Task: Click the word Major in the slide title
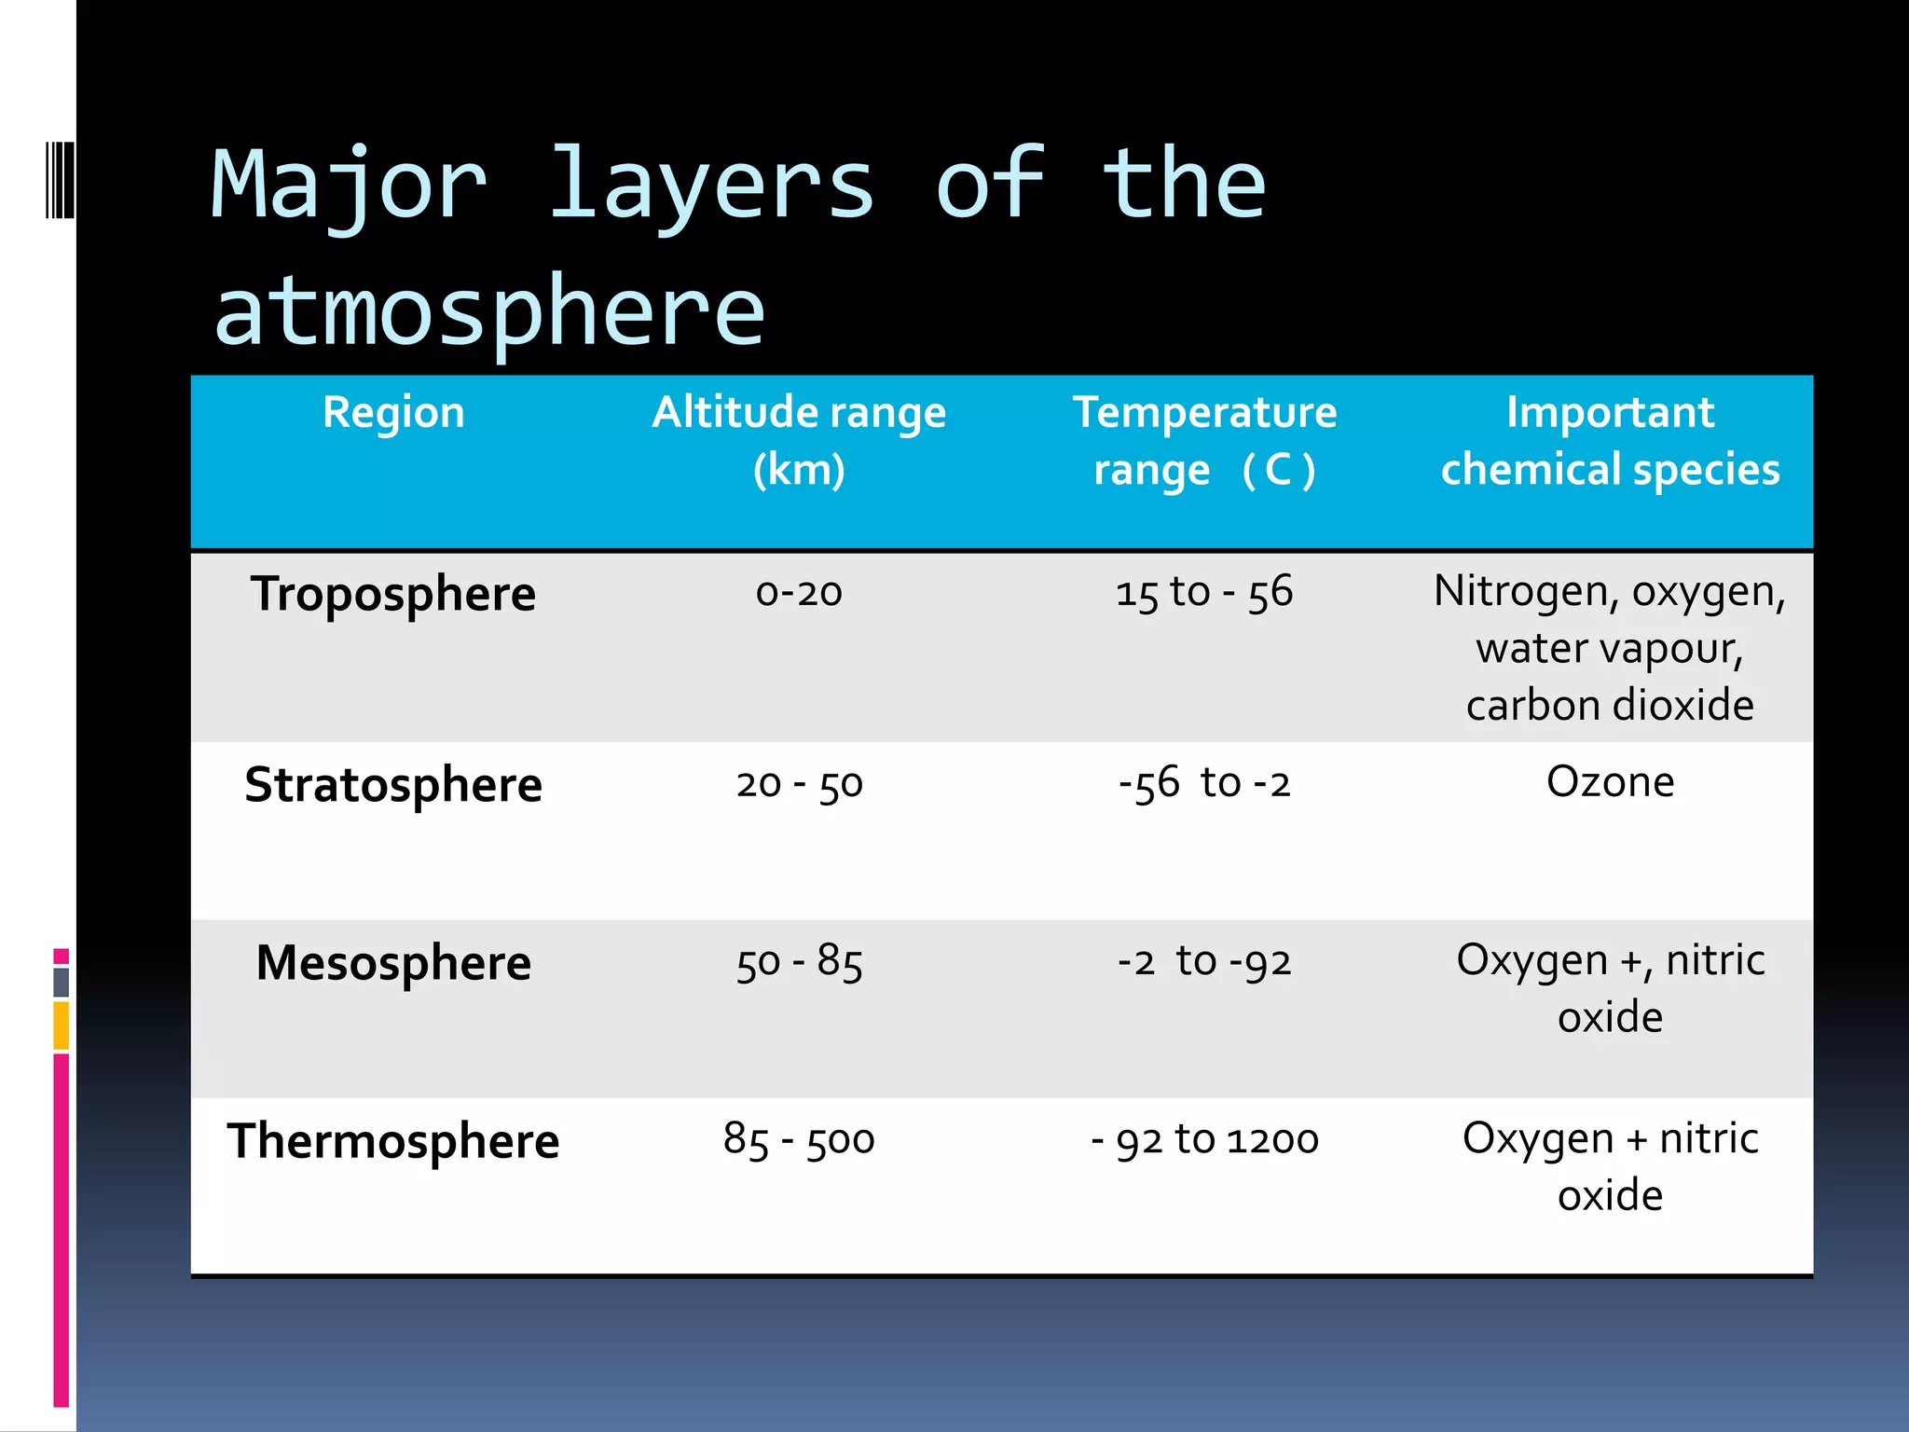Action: pyautogui.click(x=349, y=186)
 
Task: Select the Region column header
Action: pyautogui.click(x=393, y=412)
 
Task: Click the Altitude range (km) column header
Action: pyautogui.click(x=799, y=440)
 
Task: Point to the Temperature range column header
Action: pyautogui.click(x=1204, y=440)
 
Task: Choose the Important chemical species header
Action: pyautogui.click(x=1610, y=440)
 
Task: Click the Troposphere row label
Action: pyautogui.click(x=393, y=595)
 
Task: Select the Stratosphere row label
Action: pyautogui.click(x=393, y=785)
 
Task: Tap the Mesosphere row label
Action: pyautogui.click(x=393, y=963)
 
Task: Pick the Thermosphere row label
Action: pyautogui.click(x=393, y=1141)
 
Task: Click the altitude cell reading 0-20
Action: pyautogui.click(x=799, y=593)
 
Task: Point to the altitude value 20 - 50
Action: pyautogui.click(x=799, y=784)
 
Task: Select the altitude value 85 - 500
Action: pyautogui.click(x=799, y=1140)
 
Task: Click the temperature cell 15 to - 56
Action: pyautogui.click(x=1204, y=593)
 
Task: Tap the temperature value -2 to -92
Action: pyautogui.click(x=1204, y=962)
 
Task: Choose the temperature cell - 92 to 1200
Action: pyautogui.click(x=1204, y=1140)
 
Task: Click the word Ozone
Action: pyautogui.click(x=1610, y=782)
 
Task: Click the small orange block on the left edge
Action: pyautogui.click(x=61, y=1026)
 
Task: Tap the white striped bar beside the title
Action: pyautogui.click(x=60, y=180)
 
